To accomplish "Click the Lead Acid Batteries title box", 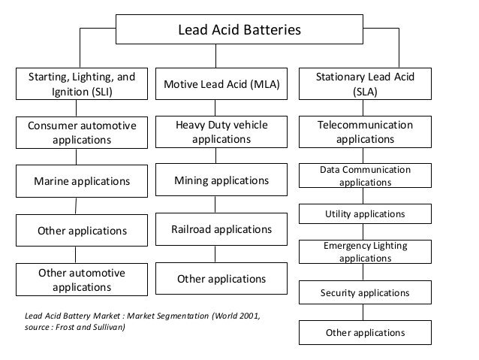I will click(238, 31).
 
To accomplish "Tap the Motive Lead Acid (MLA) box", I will click(221, 86).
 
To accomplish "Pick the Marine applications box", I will click(82, 181).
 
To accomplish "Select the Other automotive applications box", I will click(82, 280).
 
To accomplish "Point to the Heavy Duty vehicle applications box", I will click(221, 132).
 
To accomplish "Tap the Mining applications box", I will click(221, 180).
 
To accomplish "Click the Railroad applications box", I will click(221, 228).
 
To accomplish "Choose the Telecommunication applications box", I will click(365, 132).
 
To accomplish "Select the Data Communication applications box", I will click(365, 176).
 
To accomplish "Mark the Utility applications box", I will click(365, 214).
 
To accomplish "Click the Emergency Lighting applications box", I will click(365, 252).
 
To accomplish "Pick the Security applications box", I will click(365, 292).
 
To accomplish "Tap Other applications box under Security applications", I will click(365, 332).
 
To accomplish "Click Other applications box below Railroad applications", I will click(221, 280).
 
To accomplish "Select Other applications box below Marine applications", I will click(82, 229).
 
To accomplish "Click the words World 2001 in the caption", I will click(233, 316).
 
